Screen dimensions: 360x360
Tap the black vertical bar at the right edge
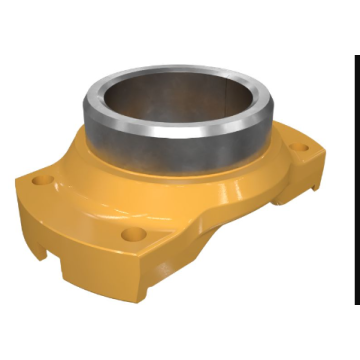355,180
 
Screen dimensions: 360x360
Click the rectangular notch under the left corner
50,250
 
